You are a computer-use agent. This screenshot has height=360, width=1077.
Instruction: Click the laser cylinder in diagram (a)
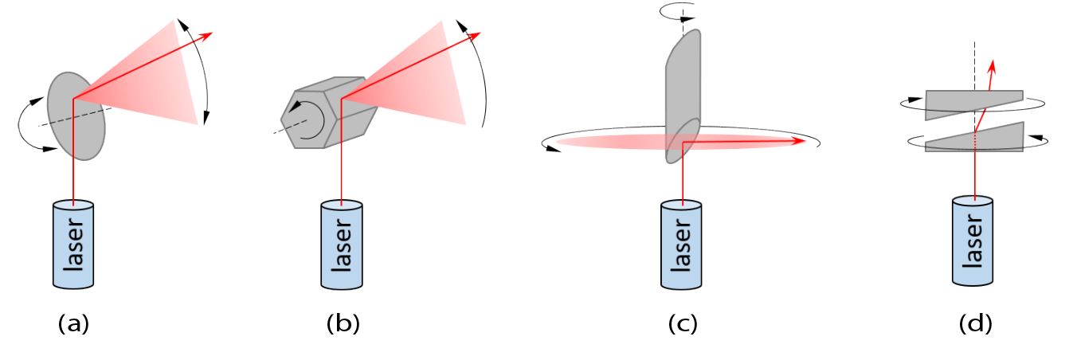[73, 244]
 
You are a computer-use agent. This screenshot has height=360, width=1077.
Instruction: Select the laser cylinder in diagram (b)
[342, 244]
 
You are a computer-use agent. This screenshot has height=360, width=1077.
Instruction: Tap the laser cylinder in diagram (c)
[682, 244]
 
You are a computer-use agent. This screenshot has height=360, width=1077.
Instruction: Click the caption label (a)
[73, 324]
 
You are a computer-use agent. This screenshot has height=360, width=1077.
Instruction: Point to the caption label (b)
[343, 324]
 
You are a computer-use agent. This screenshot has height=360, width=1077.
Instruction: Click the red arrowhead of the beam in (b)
[477, 35]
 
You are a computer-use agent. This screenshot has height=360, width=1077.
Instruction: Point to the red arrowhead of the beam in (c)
[799, 142]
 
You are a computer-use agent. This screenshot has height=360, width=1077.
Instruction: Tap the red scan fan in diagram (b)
[422, 80]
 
